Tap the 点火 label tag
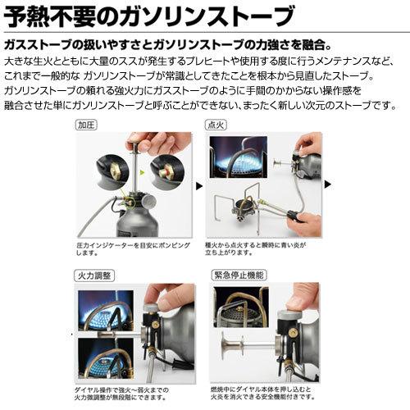click(216, 127)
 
